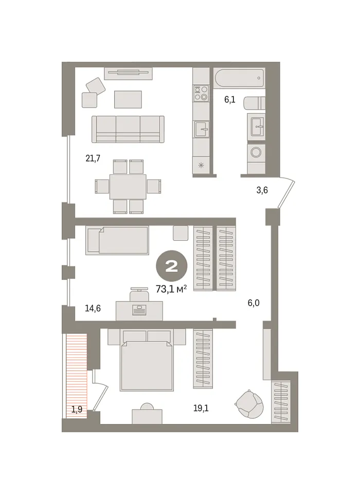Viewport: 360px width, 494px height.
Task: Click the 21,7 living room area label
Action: click(x=93, y=158)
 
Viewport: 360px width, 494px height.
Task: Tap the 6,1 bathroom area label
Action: click(x=229, y=100)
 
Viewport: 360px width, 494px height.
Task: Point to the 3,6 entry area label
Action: click(x=262, y=190)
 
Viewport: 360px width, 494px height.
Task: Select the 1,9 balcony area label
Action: click(x=77, y=409)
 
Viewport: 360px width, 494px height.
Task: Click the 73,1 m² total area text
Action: click(x=171, y=289)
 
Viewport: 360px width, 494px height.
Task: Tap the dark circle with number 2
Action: click(x=172, y=266)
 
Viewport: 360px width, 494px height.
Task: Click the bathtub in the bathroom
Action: click(x=239, y=78)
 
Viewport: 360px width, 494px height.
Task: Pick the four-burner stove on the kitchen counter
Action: click(x=201, y=93)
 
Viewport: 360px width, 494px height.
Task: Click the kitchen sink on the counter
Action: click(x=201, y=129)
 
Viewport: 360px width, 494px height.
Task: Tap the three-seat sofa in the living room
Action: click(x=128, y=129)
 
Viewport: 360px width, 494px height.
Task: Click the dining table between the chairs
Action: click(x=128, y=186)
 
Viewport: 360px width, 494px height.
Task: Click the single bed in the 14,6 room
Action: click(x=117, y=240)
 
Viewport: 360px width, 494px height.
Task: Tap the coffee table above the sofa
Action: click(x=128, y=99)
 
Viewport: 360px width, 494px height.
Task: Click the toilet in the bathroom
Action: click(x=255, y=103)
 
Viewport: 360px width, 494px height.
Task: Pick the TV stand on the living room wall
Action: click(x=128, y=74)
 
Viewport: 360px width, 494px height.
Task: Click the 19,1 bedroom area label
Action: click(x=201, y=408)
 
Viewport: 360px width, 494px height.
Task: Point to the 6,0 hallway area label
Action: click(x=254, y=303)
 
